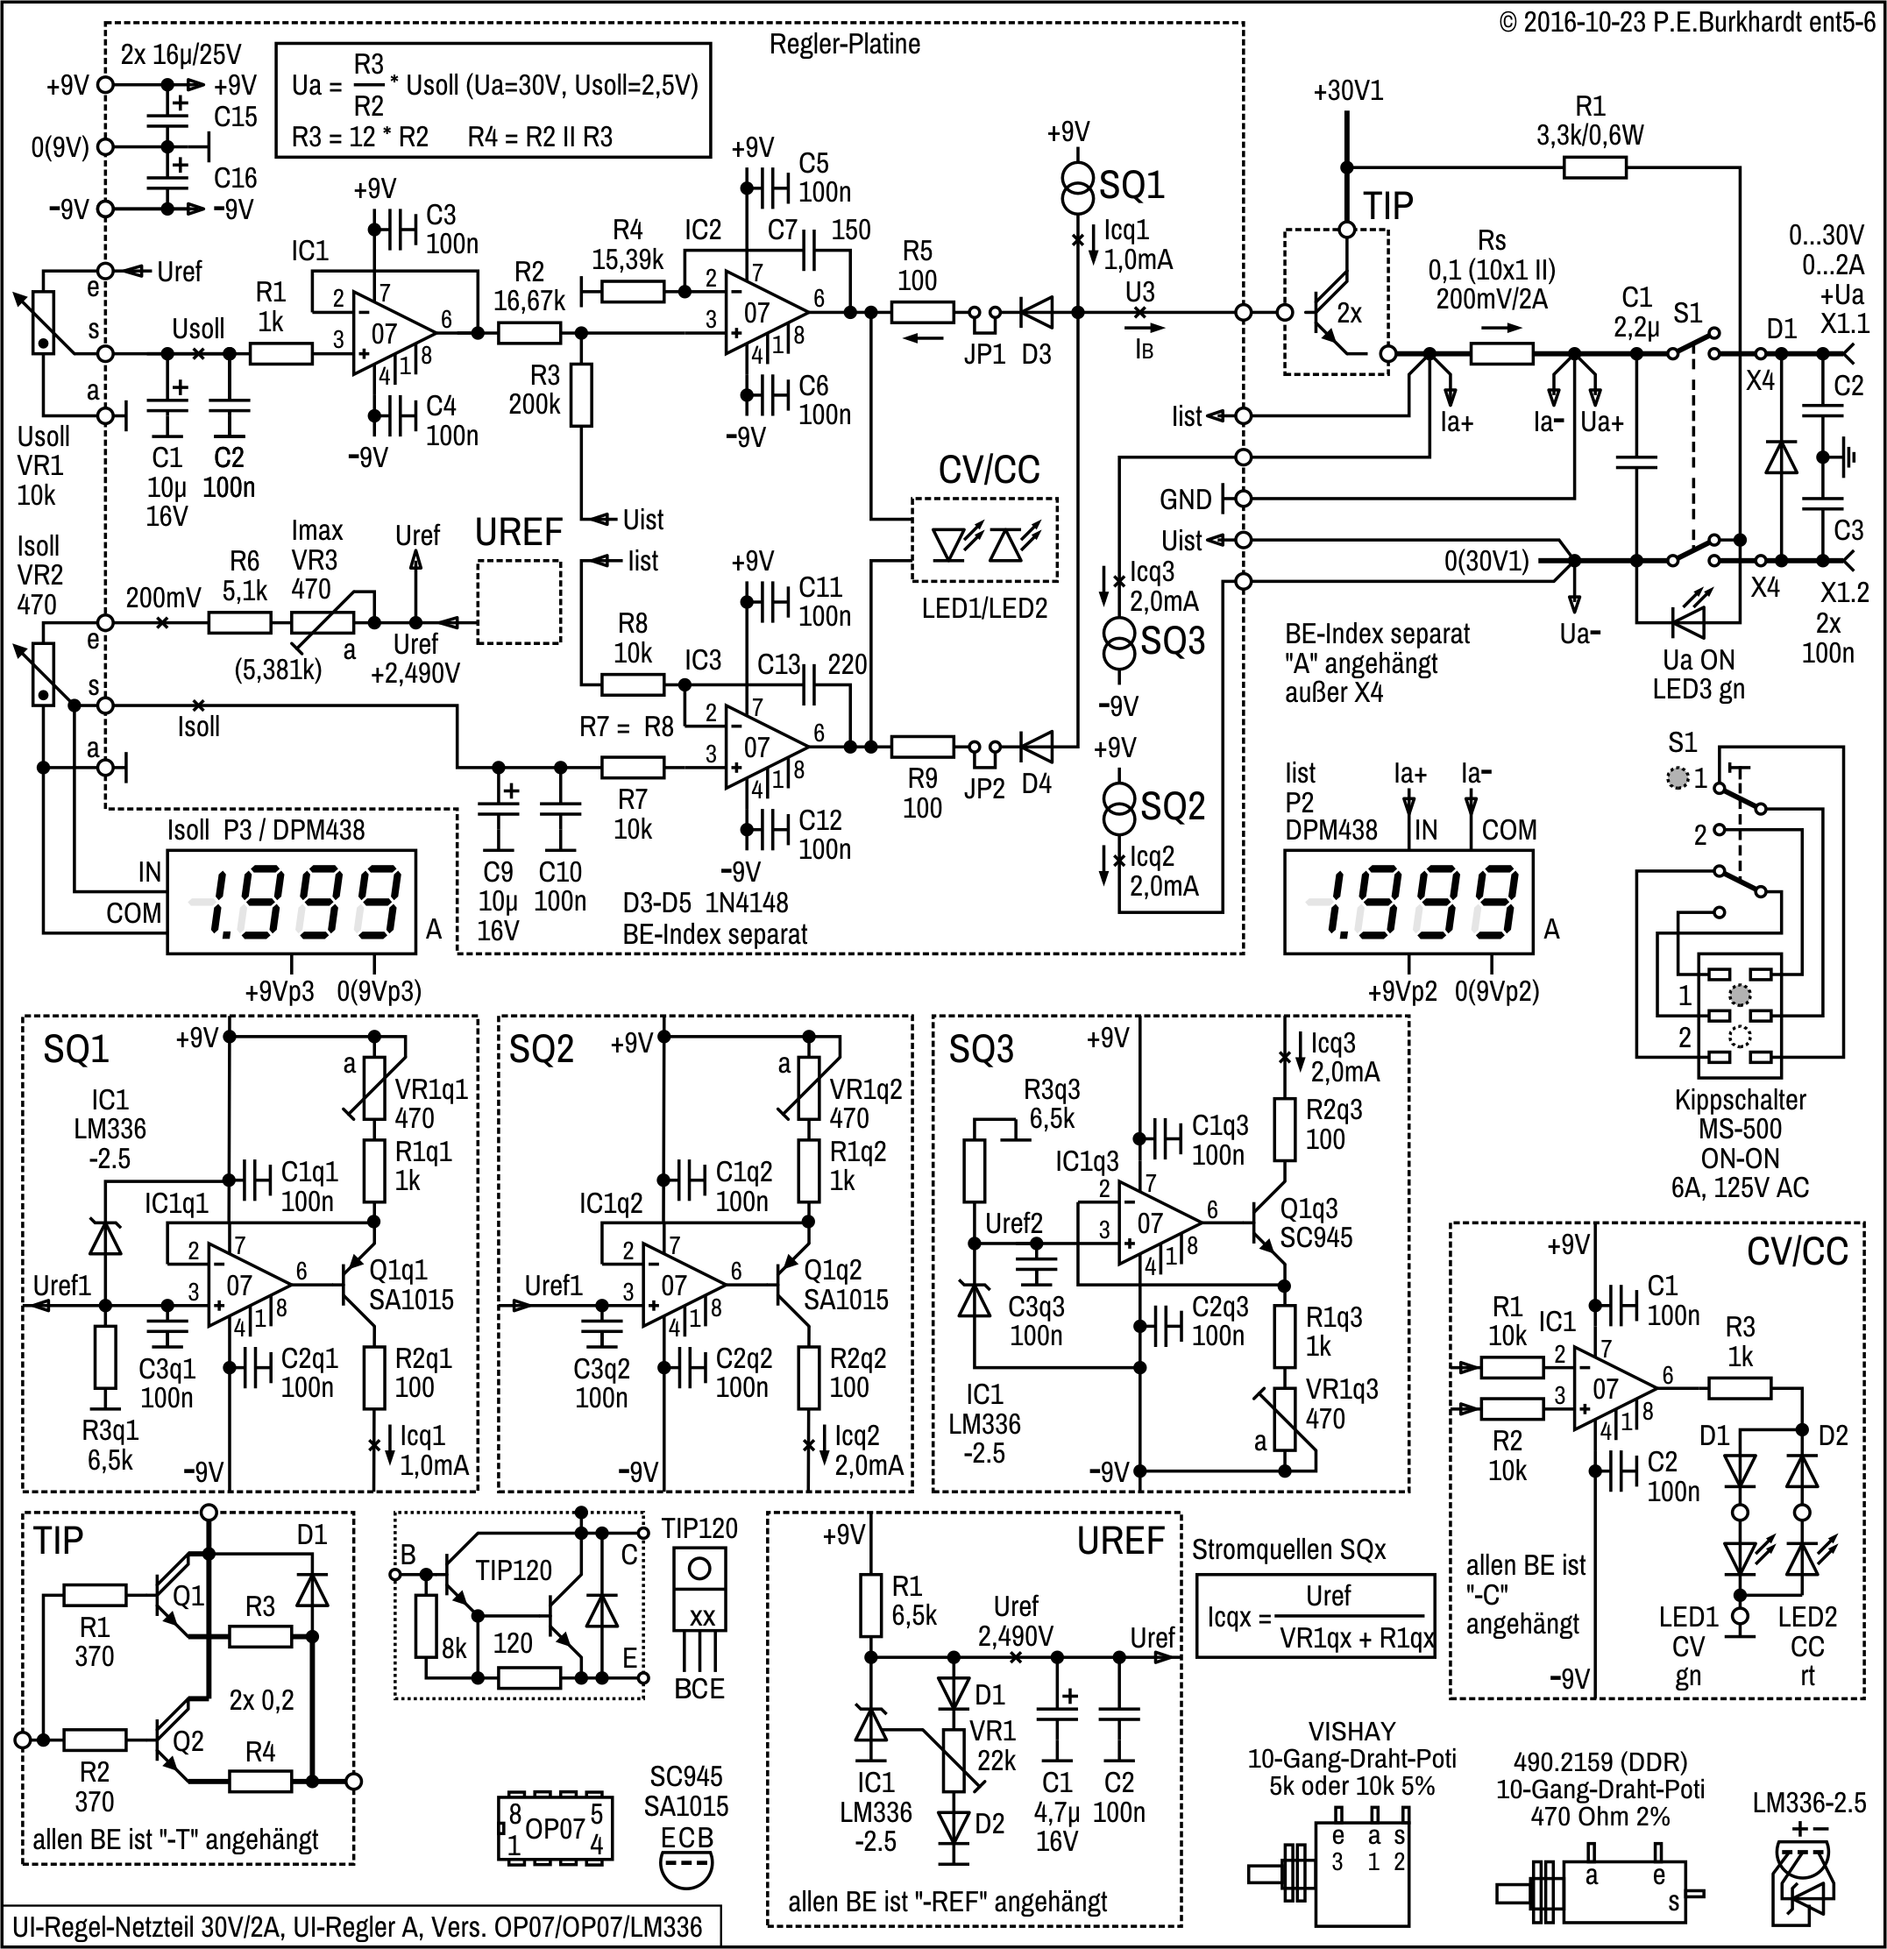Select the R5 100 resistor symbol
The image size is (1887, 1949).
coord(922,312)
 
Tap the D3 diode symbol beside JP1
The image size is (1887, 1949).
coord(1035,312)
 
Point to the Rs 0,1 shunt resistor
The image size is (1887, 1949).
coord(1501,353)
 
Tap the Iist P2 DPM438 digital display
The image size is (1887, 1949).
coord(1408,901)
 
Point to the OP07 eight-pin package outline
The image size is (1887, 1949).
coord(555,1828)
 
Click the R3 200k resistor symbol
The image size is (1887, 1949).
coord(581,394)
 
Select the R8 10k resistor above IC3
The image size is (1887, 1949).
coord(633,684)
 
